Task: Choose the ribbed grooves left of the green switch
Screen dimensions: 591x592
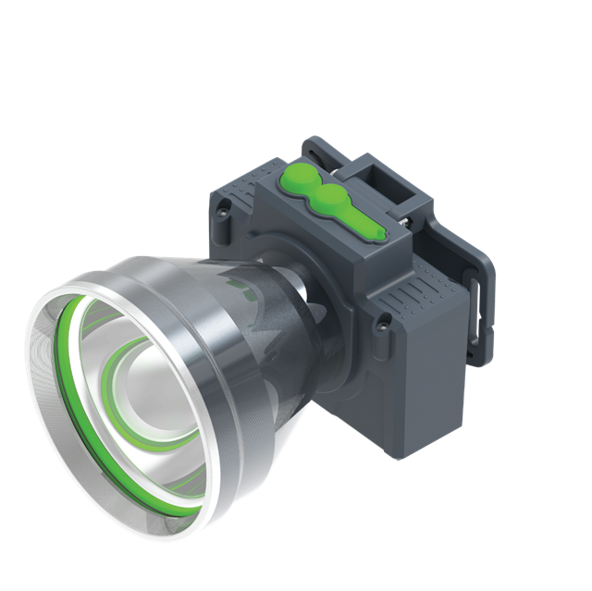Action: pos(250,190)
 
